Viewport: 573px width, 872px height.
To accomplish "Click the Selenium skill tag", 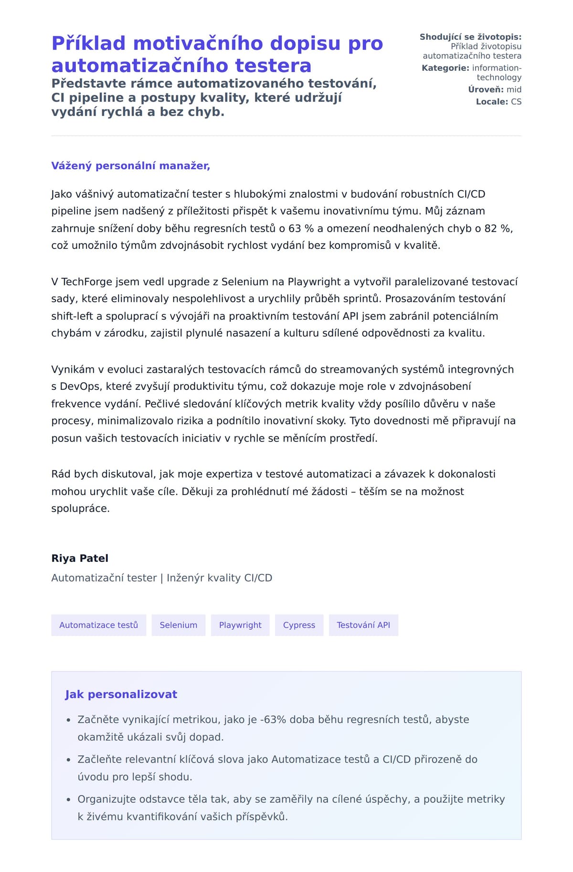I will click(x=178, y=625).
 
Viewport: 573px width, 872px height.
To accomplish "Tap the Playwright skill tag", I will click(x=240, y=625).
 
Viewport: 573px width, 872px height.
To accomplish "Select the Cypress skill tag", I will click(x=299, y=625).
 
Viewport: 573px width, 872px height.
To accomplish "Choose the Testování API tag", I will click(x=363, y=625).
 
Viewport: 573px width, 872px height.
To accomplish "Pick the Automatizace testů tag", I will click(x=98, y=625).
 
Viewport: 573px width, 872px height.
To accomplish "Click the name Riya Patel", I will click(x=80, y=558).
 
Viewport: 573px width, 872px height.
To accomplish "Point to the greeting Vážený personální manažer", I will click(x=130, y=166).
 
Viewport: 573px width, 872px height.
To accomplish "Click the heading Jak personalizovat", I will click(x=121, y=694).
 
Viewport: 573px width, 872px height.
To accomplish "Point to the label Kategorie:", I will click(x=445, y=68).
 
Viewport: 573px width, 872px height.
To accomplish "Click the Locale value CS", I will click(x=516, y=102).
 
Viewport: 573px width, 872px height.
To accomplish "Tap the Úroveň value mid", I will click(x=514, y=89).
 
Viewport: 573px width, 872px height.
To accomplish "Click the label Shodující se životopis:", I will click(x=470, y=37).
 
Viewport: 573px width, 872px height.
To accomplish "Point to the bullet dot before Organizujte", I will click(x=68, y=799).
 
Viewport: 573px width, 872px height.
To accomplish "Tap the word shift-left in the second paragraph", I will click(x=72, y=316).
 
